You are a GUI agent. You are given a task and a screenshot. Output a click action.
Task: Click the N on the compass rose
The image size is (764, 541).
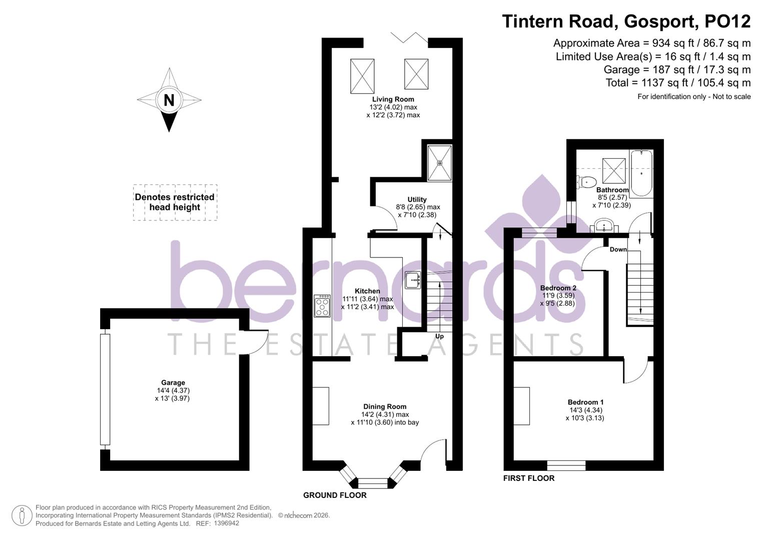tap(169, 100)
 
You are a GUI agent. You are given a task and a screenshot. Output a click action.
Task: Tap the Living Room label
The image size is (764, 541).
tap(393, 99)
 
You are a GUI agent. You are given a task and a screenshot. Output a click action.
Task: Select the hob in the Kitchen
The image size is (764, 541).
tap(322, 306)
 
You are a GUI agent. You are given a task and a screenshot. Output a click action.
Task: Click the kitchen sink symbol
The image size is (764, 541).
tap(413, 280)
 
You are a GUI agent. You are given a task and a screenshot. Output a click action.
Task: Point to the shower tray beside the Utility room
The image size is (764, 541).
tap(439, 163)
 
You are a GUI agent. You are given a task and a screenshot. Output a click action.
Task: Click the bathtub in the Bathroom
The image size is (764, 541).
tap(641, 173)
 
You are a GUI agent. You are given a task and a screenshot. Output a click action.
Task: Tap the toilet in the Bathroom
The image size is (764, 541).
tap(586, 182)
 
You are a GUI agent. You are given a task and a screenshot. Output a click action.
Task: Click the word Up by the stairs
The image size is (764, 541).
tap(439, 336)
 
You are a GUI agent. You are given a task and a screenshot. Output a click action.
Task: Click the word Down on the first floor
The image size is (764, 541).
tap(618, 249)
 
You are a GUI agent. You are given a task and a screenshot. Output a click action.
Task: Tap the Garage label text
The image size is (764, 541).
tap(173, 383)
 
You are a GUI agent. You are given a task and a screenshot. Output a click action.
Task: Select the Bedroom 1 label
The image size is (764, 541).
tap(585, 402)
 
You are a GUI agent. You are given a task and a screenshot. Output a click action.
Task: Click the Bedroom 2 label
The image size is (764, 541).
tap(558, 288)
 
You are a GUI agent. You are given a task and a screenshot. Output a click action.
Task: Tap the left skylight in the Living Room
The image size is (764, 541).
tap(362, 76)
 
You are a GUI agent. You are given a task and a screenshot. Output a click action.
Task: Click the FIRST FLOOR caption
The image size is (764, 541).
tap(529, 478)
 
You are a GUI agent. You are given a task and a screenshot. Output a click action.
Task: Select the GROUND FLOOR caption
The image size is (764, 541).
tap(335, 495)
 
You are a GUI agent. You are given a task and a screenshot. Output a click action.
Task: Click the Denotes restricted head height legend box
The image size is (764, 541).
tap(175, 202)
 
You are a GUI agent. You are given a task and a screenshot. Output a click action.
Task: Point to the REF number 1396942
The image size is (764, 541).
tap(226, 523)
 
